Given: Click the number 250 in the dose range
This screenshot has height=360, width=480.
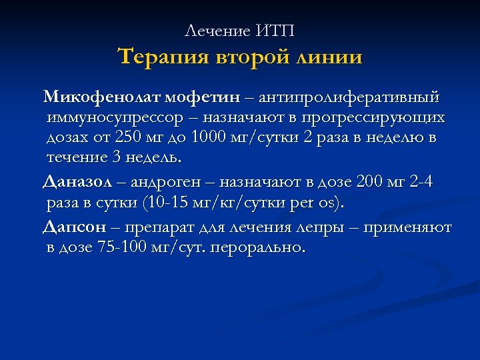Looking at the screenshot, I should pyautogui.click(x=147, y=138).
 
